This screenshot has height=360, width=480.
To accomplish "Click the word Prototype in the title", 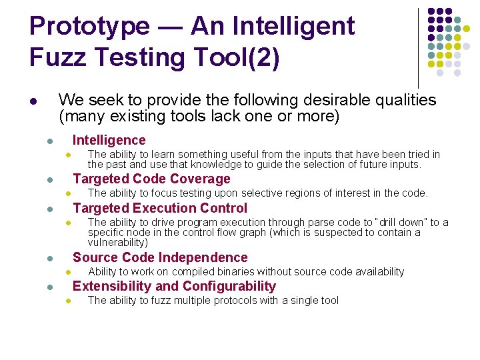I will coord(91,27).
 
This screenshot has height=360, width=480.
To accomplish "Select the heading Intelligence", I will coord(109,140).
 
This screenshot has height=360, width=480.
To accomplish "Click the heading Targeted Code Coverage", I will coord(151,179).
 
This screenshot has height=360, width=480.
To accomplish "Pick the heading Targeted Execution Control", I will coord(160,208).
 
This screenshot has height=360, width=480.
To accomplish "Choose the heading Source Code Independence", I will coord(160,257).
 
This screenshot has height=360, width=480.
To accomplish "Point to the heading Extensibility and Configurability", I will coord(174,286).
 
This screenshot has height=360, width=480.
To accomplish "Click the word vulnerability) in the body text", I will coord(118,243).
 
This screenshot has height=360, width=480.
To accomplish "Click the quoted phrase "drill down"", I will coord(400,222).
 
